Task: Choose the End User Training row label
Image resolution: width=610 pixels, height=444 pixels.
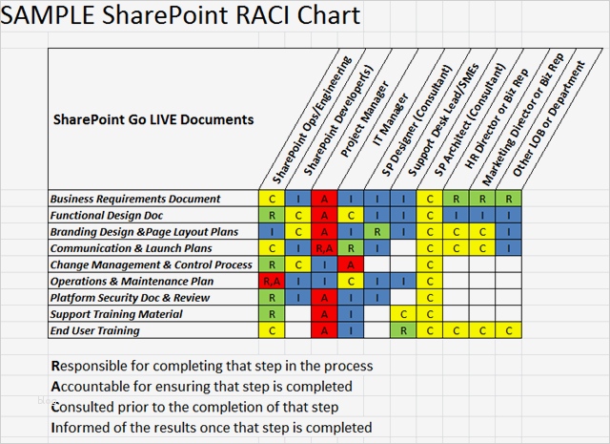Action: [x=95, y=330]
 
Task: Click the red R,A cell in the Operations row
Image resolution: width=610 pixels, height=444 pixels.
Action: [x=272, y=281]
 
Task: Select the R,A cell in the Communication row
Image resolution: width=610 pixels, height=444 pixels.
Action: [x=325, y=248]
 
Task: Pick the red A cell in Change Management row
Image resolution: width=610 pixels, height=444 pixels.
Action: [x=352, y=264]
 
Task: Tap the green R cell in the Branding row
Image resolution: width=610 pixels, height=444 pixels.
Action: [x=378, y=231]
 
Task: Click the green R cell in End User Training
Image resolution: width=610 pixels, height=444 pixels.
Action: [x=405, y=330]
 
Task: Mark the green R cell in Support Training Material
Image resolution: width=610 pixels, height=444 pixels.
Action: [x=272, y=314]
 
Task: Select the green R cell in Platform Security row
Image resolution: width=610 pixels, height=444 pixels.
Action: [x=272, y=298]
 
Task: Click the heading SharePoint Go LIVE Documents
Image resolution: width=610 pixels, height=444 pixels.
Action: [x=152, y=120]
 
